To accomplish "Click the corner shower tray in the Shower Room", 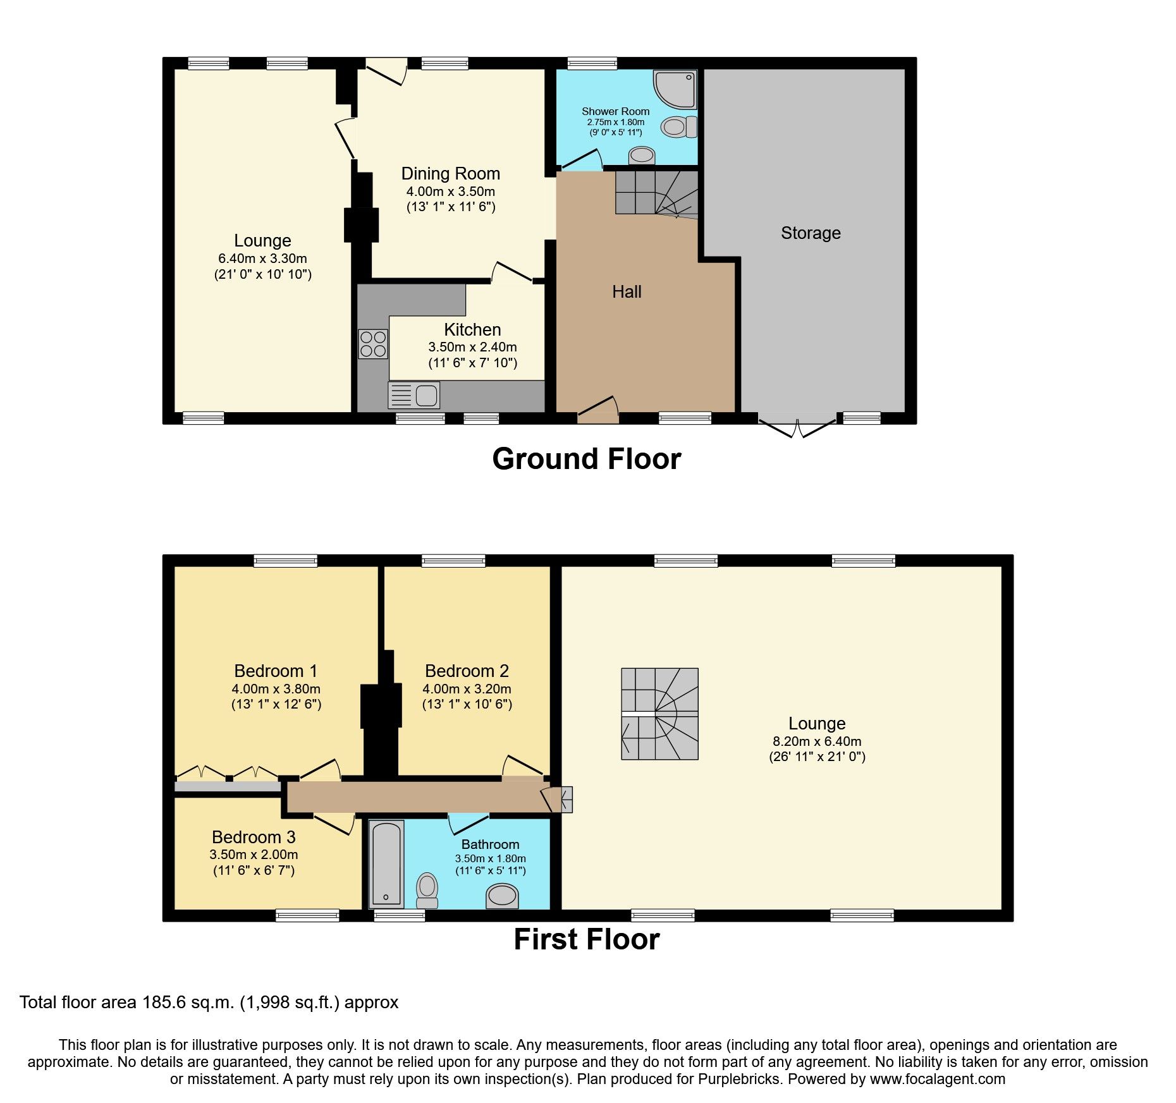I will point(675,89).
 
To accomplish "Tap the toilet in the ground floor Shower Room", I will point(678,127).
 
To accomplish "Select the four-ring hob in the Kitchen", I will point(373,344).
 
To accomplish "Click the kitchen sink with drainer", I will point(414,396).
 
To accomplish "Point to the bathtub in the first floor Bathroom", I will point(386,863).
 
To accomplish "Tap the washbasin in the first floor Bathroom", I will point(502,896).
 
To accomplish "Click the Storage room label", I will point(810,233).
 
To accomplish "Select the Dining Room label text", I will point(450,174).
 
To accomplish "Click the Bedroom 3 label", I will point(254,837).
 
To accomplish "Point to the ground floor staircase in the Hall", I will point(656,193).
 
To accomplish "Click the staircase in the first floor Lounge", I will point(659,714).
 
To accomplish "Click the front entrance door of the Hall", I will point(597,410).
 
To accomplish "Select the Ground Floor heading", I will point(586,459).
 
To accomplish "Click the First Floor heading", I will point(586,939).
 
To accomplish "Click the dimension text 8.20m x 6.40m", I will point(816,741).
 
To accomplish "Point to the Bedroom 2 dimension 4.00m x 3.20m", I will point(467,689).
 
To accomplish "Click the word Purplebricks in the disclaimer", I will point(739,1080).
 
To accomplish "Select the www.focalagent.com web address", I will point(937,1080).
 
